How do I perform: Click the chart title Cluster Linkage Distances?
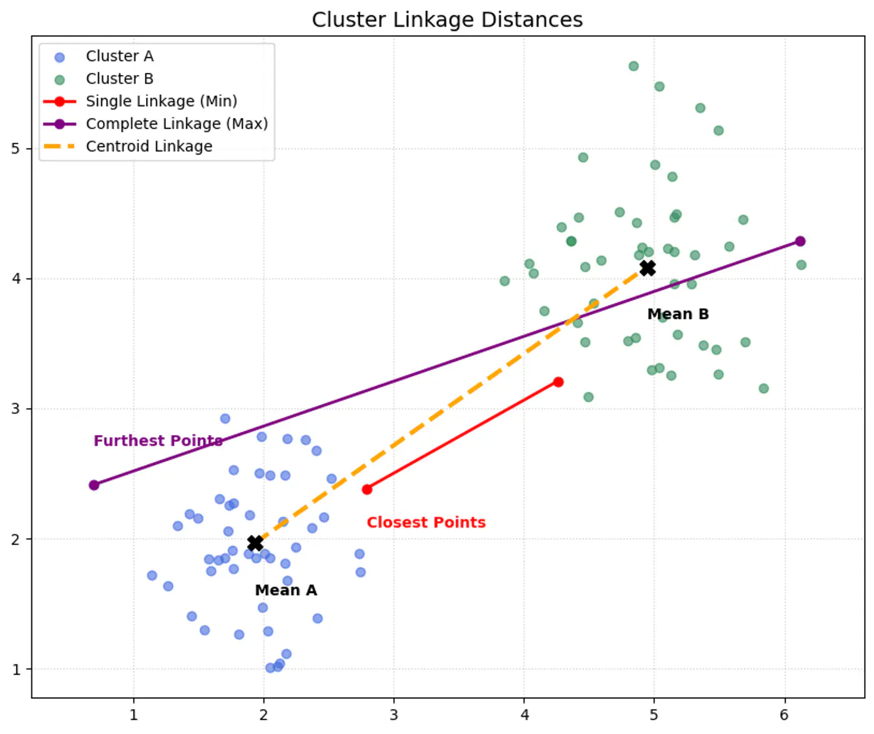tap(447, 20)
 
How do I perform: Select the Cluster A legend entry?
tap(119, 56)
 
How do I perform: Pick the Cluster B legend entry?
tap(119, 79)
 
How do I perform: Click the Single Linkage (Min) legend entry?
tap(161, 101)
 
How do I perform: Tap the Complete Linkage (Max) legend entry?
tap(177, 124)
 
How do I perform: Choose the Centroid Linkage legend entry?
tap(149, 146)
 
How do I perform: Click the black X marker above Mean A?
tap(255, 543)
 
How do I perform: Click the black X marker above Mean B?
tap(647, 268)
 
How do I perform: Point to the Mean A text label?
tap(286, 590)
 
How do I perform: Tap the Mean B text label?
tap(678, 314)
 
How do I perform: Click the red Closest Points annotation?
tap(426, 522)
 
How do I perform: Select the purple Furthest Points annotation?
tap(158, 441)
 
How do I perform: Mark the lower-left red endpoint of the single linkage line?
tap(367, 489)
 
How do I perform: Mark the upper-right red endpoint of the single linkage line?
tap(558, 382)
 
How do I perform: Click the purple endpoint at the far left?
tap(94, 485)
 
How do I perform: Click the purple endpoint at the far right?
tap(800, 242)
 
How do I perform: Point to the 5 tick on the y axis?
tap(16, 149)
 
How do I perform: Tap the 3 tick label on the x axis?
tap(394, 715)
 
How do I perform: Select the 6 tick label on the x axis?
tap(784, 715)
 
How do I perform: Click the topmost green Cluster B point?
tap(634, 66)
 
